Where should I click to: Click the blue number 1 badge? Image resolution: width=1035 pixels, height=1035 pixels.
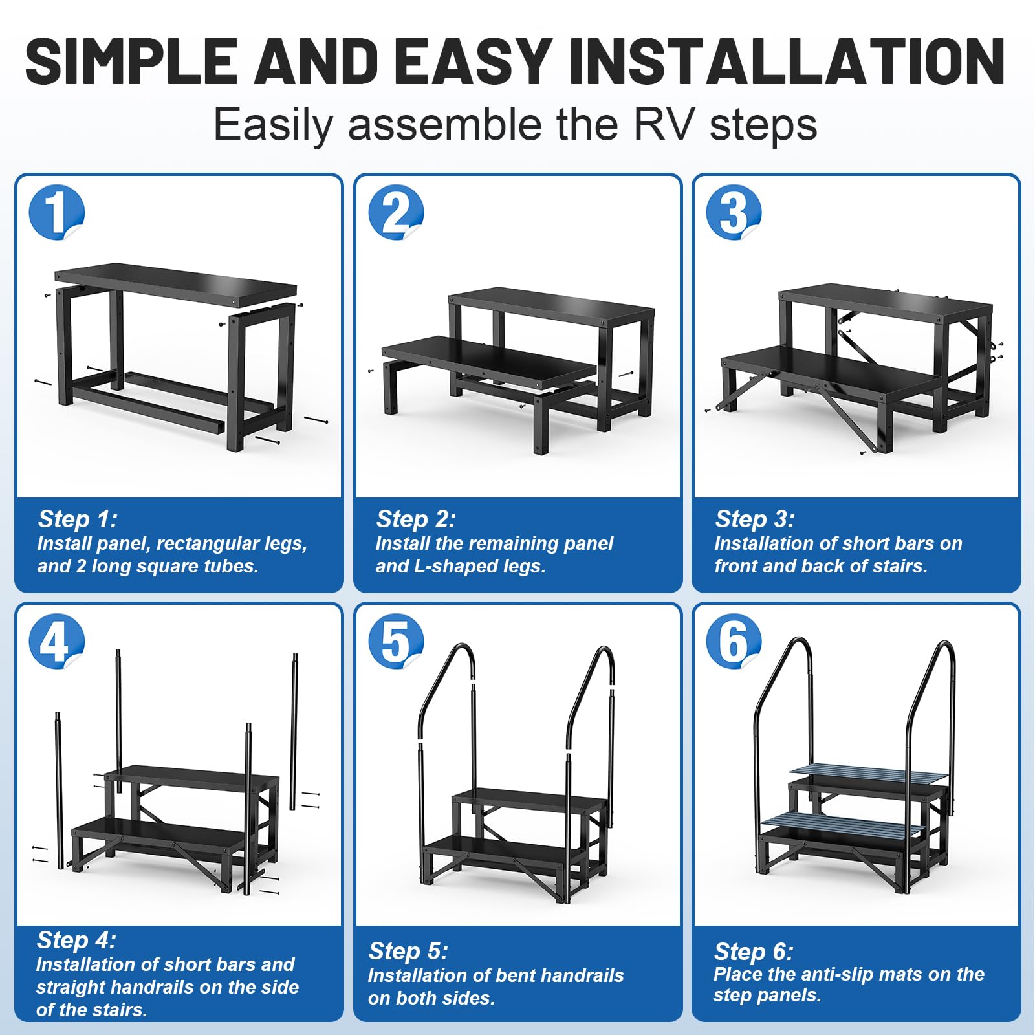pyautogui.click(x=56, y=212)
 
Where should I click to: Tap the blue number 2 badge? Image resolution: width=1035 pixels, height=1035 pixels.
pyautogui.click(x=395, y=212)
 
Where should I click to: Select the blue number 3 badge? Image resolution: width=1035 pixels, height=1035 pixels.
pyautogui.click(x=733, y=212)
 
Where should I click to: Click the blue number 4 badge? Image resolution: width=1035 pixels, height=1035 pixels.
pyautogui.click(x=56, y=641)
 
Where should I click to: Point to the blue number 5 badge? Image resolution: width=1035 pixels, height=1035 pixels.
pyautogui.click(x=395, y=641)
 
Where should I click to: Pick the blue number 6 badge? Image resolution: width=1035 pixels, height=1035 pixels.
pyautogui.click(x=733, y=641)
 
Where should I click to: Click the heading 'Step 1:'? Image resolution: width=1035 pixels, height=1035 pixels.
pyautogui.click(x=78, y=519)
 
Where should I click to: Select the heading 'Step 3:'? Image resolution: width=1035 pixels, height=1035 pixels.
pyautogui.click(x=754, y=519)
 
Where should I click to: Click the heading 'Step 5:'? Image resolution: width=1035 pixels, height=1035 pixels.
pyautogui.click(x=408, y=951)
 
